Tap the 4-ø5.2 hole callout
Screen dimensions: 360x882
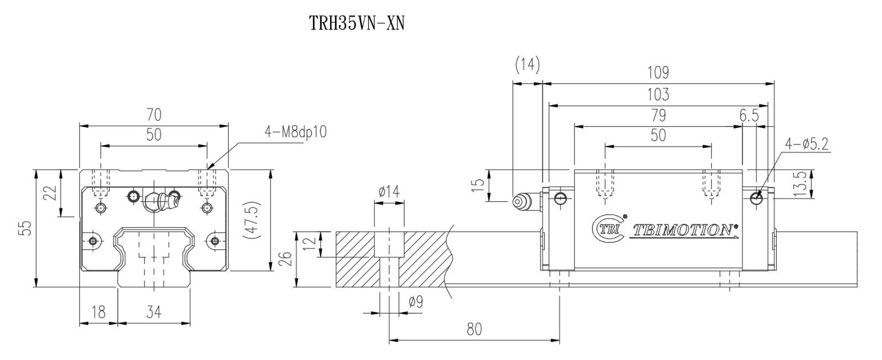[x=808, y=144]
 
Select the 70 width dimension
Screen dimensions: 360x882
[x=154, y=115]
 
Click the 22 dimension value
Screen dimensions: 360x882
[x=51, y=193]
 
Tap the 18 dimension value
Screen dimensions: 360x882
[x=98, y=313]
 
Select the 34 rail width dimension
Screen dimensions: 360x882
[x=154, y=313]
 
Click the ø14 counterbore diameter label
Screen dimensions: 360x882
[x=389, y=191]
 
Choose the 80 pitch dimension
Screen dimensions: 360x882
[x=474, y=329]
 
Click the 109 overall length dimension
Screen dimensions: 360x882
[x=658, y=72]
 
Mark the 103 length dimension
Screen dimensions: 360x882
[x=658, y=94]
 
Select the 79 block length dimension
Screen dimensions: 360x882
[x=658, y=115]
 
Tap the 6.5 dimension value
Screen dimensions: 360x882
[x=749, y=115]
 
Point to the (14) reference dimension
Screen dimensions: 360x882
[x=527, y=65]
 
